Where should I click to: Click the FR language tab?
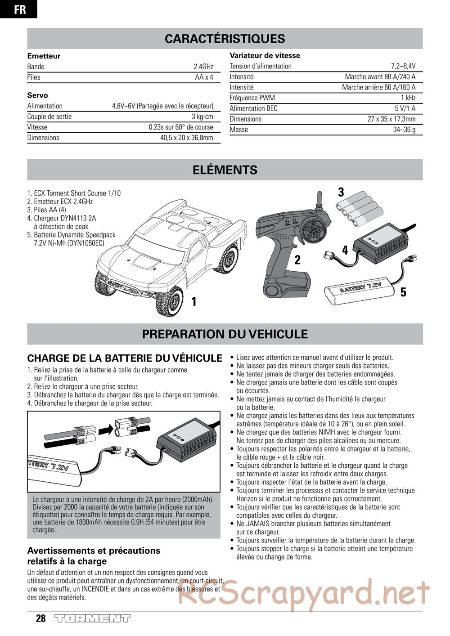tap(19, 9)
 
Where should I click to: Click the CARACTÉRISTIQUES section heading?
tap(225, 39)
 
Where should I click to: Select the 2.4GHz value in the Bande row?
tap(203, 67)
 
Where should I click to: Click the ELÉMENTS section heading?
tap(225, 170)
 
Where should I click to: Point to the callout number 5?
tap(403, 292)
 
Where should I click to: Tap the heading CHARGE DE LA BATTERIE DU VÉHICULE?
tap(125, 358)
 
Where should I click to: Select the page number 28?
tap(41, 618)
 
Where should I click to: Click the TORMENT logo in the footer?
tap(92, 618)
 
